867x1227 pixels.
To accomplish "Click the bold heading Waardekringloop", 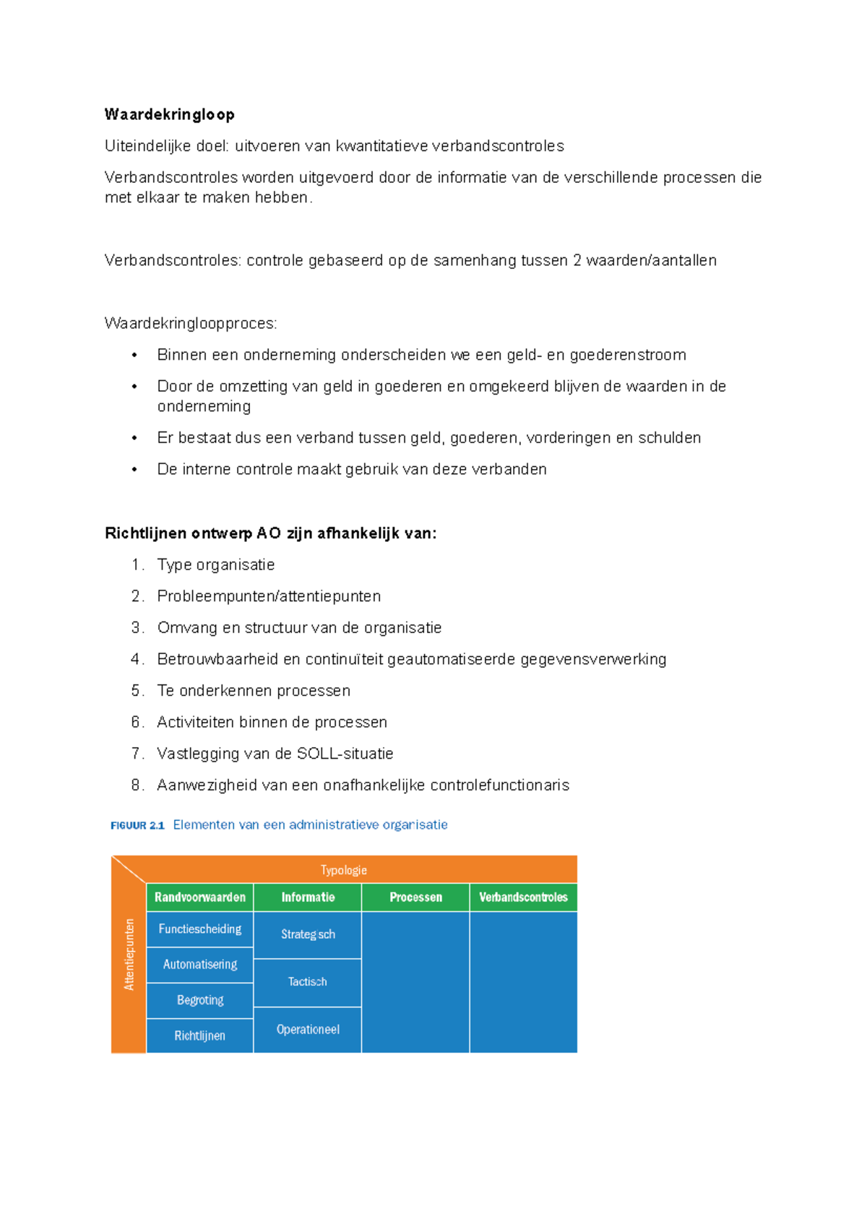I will (170, 114).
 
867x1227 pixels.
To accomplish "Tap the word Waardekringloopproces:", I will (191, 323).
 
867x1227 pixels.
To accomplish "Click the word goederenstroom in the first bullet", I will (628, 355).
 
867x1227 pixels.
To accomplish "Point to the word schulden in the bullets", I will (669, 438).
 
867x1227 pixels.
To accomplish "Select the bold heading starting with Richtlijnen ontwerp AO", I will (270, 533).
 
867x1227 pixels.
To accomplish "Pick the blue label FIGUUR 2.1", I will (137, 825).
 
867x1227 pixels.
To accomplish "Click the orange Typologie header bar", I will (344, 870).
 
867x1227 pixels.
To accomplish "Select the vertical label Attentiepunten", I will (129, 954).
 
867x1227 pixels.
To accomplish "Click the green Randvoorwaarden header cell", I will (200, 897).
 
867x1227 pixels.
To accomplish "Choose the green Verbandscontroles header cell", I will (523, 897).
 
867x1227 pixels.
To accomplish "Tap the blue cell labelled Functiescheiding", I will (200, 929).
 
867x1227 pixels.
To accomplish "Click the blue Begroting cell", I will (200, 1000).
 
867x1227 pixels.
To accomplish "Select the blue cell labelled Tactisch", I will (308, 982).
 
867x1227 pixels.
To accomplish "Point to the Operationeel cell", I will (308, 1030).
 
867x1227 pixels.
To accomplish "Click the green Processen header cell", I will (415, 897).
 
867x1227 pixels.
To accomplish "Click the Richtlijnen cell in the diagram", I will (200, 1036).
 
